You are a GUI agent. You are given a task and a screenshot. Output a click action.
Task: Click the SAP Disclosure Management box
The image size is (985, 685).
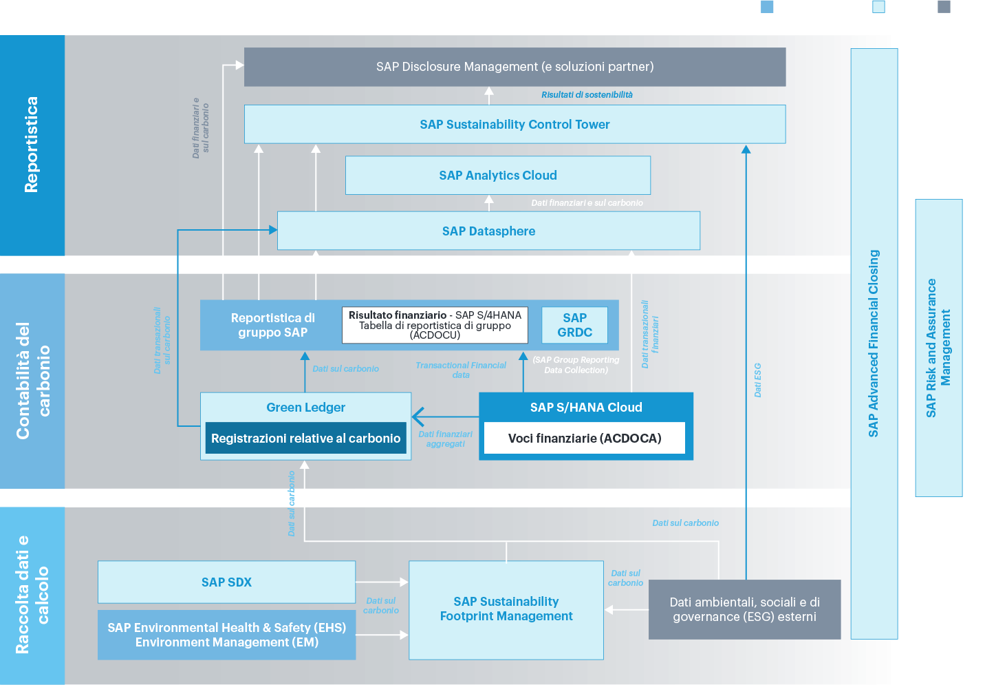(x=515, y=67)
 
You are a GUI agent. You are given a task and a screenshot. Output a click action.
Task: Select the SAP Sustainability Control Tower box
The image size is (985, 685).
(x=515, y=125)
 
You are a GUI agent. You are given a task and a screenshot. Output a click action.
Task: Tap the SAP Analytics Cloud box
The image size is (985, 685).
(x=498, y=176)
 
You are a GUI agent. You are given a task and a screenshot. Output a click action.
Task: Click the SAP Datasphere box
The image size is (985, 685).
(x=488, y=231)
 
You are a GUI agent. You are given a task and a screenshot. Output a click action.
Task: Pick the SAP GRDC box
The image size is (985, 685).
(x=574, y=325)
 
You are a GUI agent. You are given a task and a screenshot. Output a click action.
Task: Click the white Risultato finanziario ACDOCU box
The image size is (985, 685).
(x=435, y=325)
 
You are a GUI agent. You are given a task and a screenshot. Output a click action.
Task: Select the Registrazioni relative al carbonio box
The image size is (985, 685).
(x=305, y=439)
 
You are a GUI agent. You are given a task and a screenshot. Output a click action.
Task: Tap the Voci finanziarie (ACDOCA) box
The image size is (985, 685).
(x=585, y=439)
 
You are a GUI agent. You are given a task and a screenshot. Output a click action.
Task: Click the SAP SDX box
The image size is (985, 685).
(x=226, y=582)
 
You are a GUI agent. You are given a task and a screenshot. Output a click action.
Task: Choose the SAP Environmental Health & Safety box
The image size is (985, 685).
(x=226, y=635)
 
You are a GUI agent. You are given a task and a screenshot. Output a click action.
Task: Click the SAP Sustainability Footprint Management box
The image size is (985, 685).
(x=506, y=609)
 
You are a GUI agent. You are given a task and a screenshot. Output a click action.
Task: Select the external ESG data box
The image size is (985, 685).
(x=744, y=609)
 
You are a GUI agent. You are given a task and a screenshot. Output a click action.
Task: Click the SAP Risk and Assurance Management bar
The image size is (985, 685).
(x=938, y=348)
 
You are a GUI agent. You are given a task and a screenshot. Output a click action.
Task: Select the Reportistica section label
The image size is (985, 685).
(x=32, y=145)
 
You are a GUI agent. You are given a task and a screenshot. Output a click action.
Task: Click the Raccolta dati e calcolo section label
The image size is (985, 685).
(x=32, y=595)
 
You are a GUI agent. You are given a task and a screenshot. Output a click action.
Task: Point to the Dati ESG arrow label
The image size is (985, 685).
(x=757, y=380)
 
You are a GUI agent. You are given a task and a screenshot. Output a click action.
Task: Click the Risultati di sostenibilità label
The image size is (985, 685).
(x=587, y=95)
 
